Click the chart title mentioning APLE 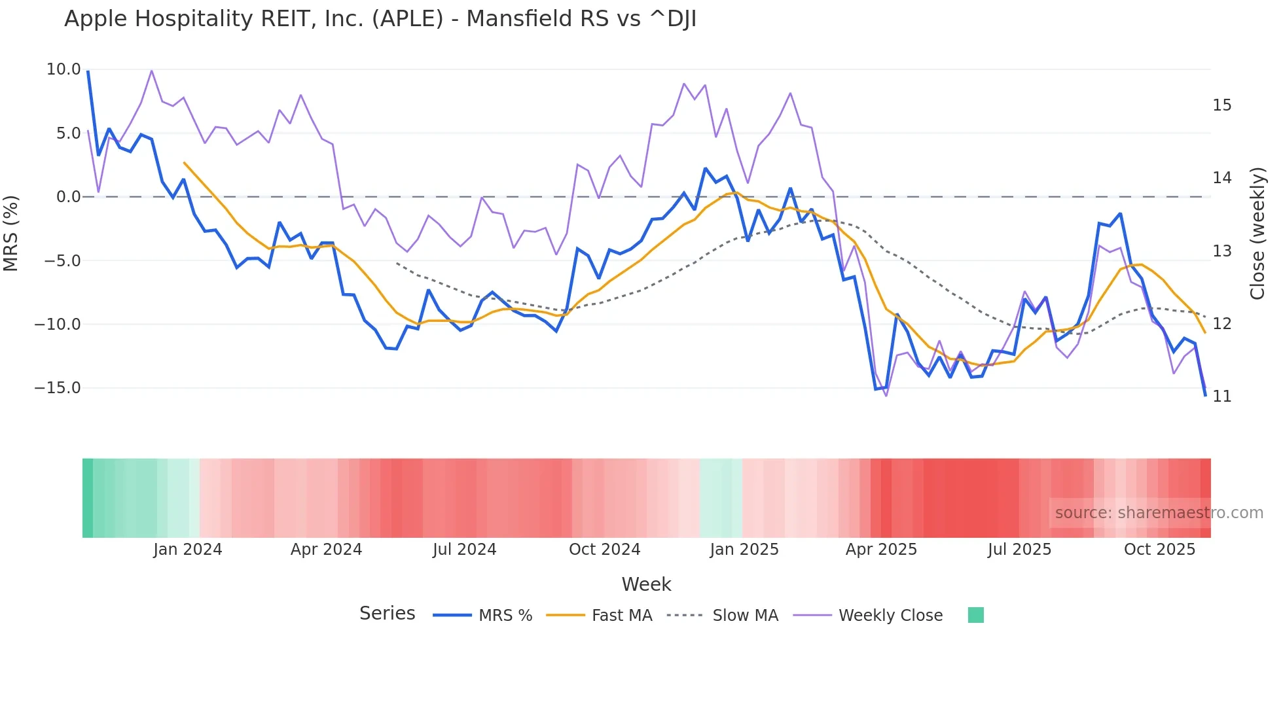pyautogui.click(x=380, y=19)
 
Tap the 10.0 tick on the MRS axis pyautogui.click(x=63, y=69)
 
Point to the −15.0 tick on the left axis pyautogui.click(x=58, y=388)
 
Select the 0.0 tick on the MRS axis pyautogui.click(x=68, y=197)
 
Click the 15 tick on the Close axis pyautogui.click(x=1221, y=105)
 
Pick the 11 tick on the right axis pyautogui.click(x=1221, y=396)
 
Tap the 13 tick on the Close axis pyautogui.click(x=1221, y=251)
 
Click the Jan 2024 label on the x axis pyautogui.click(x=188, y=550)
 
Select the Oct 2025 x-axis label pyautogui.click(x=1159, y=550)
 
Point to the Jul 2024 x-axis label pyautogui.click(x=464, y=550)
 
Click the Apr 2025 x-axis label pyautogui.click(x=881, y=550)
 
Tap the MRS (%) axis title pyautogui.click(x=11, y=233)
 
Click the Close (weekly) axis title pyautogui.click(x=1257, y=234)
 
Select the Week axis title pyautogui.click(x=646, y=584)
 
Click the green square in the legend pyautogui.click(x=975, y=615)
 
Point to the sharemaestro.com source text pyautogui.click(x=1159, y=513)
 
